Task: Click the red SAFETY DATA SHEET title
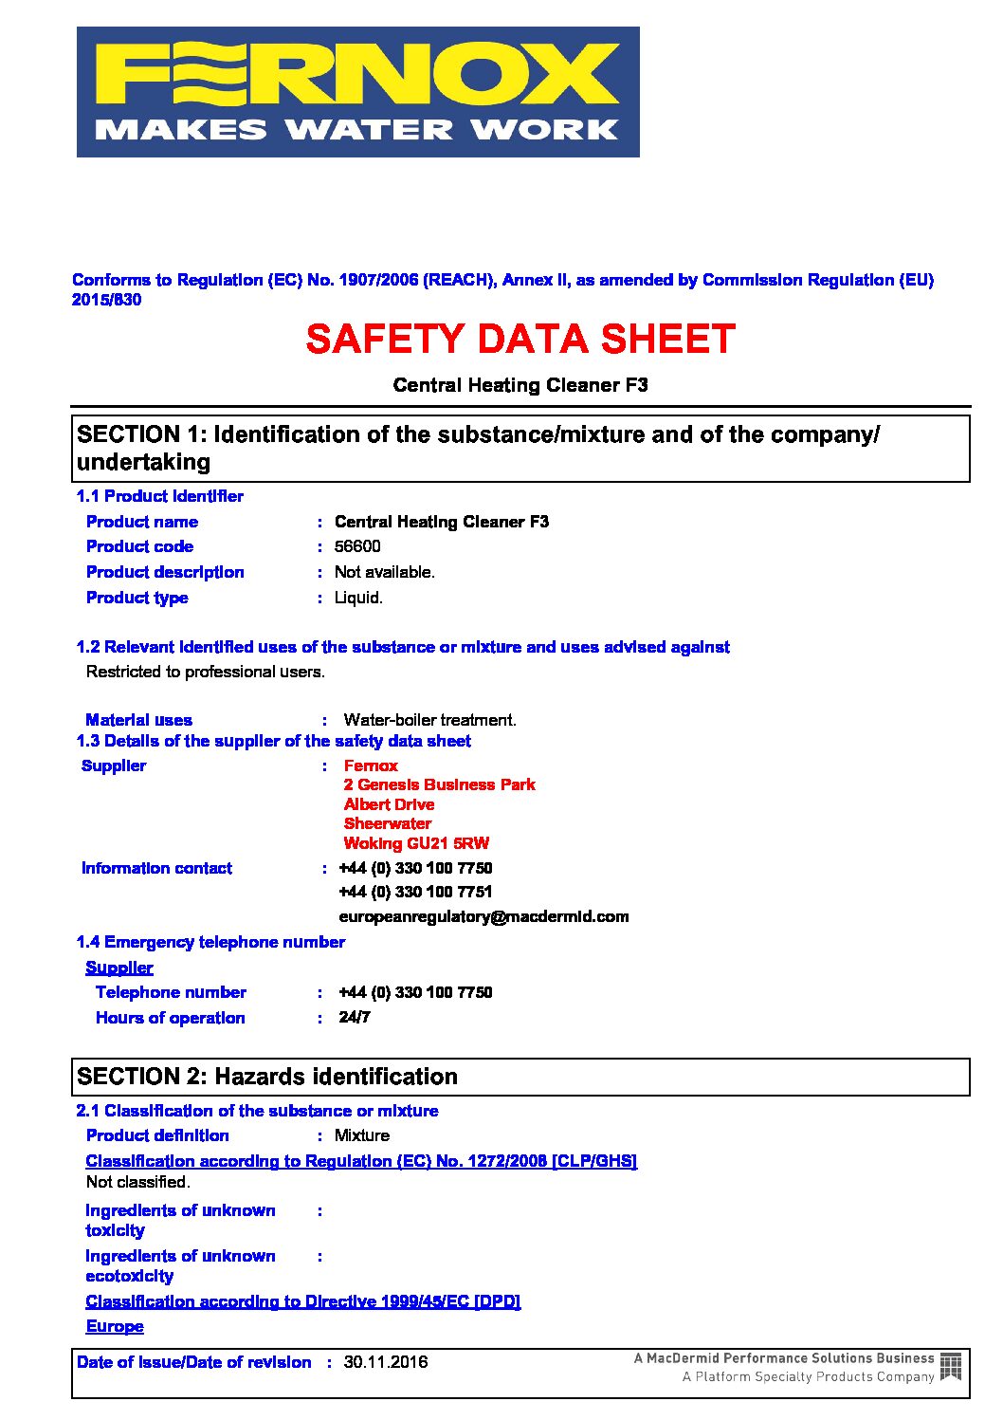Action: point(520,340)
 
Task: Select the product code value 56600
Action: point(357,546)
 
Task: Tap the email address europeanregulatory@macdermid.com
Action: point(483,916)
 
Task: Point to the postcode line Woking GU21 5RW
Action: point(416,843)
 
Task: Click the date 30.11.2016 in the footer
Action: point(385,1362)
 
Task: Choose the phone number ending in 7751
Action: point(415,892)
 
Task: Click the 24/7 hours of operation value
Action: point(355,1017)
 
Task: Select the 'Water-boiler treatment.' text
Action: point(429,720)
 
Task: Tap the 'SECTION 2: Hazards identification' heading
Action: point(267,1077)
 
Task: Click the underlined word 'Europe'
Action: point(115,1326)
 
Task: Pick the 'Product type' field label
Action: point(137,598)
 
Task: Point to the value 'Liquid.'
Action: point(358,598)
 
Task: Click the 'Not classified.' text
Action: point(138,1182)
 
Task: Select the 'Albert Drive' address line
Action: point(389,804)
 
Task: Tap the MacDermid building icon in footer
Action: point(951,1367)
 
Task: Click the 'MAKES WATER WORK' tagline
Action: point(357,130)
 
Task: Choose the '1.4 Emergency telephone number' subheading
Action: point(210,942)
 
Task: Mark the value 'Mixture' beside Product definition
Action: point(361,1135)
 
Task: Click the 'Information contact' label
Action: point(156,868)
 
